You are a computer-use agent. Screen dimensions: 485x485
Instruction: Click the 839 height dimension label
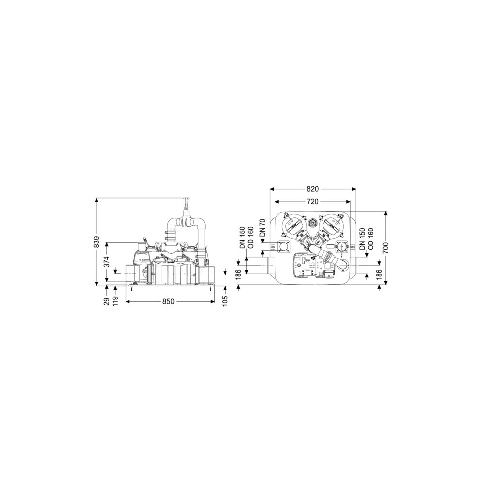click(97, 242)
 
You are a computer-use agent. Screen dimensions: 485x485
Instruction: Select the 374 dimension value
click(106, 262)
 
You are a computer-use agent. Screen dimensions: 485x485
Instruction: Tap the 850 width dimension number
click(168, 301)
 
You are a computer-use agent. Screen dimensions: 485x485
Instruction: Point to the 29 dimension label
click(106, 301)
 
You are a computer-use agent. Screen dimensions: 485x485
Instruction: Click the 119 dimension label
click(116, 301)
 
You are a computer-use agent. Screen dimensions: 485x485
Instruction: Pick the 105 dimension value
click(225, 301)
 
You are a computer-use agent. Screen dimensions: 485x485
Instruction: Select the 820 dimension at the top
click(312, 189)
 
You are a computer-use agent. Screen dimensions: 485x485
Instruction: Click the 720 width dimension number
click(312, 202)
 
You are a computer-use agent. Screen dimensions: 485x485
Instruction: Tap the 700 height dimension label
click(385, 248)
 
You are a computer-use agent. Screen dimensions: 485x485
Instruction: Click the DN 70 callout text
click(262, 227)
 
